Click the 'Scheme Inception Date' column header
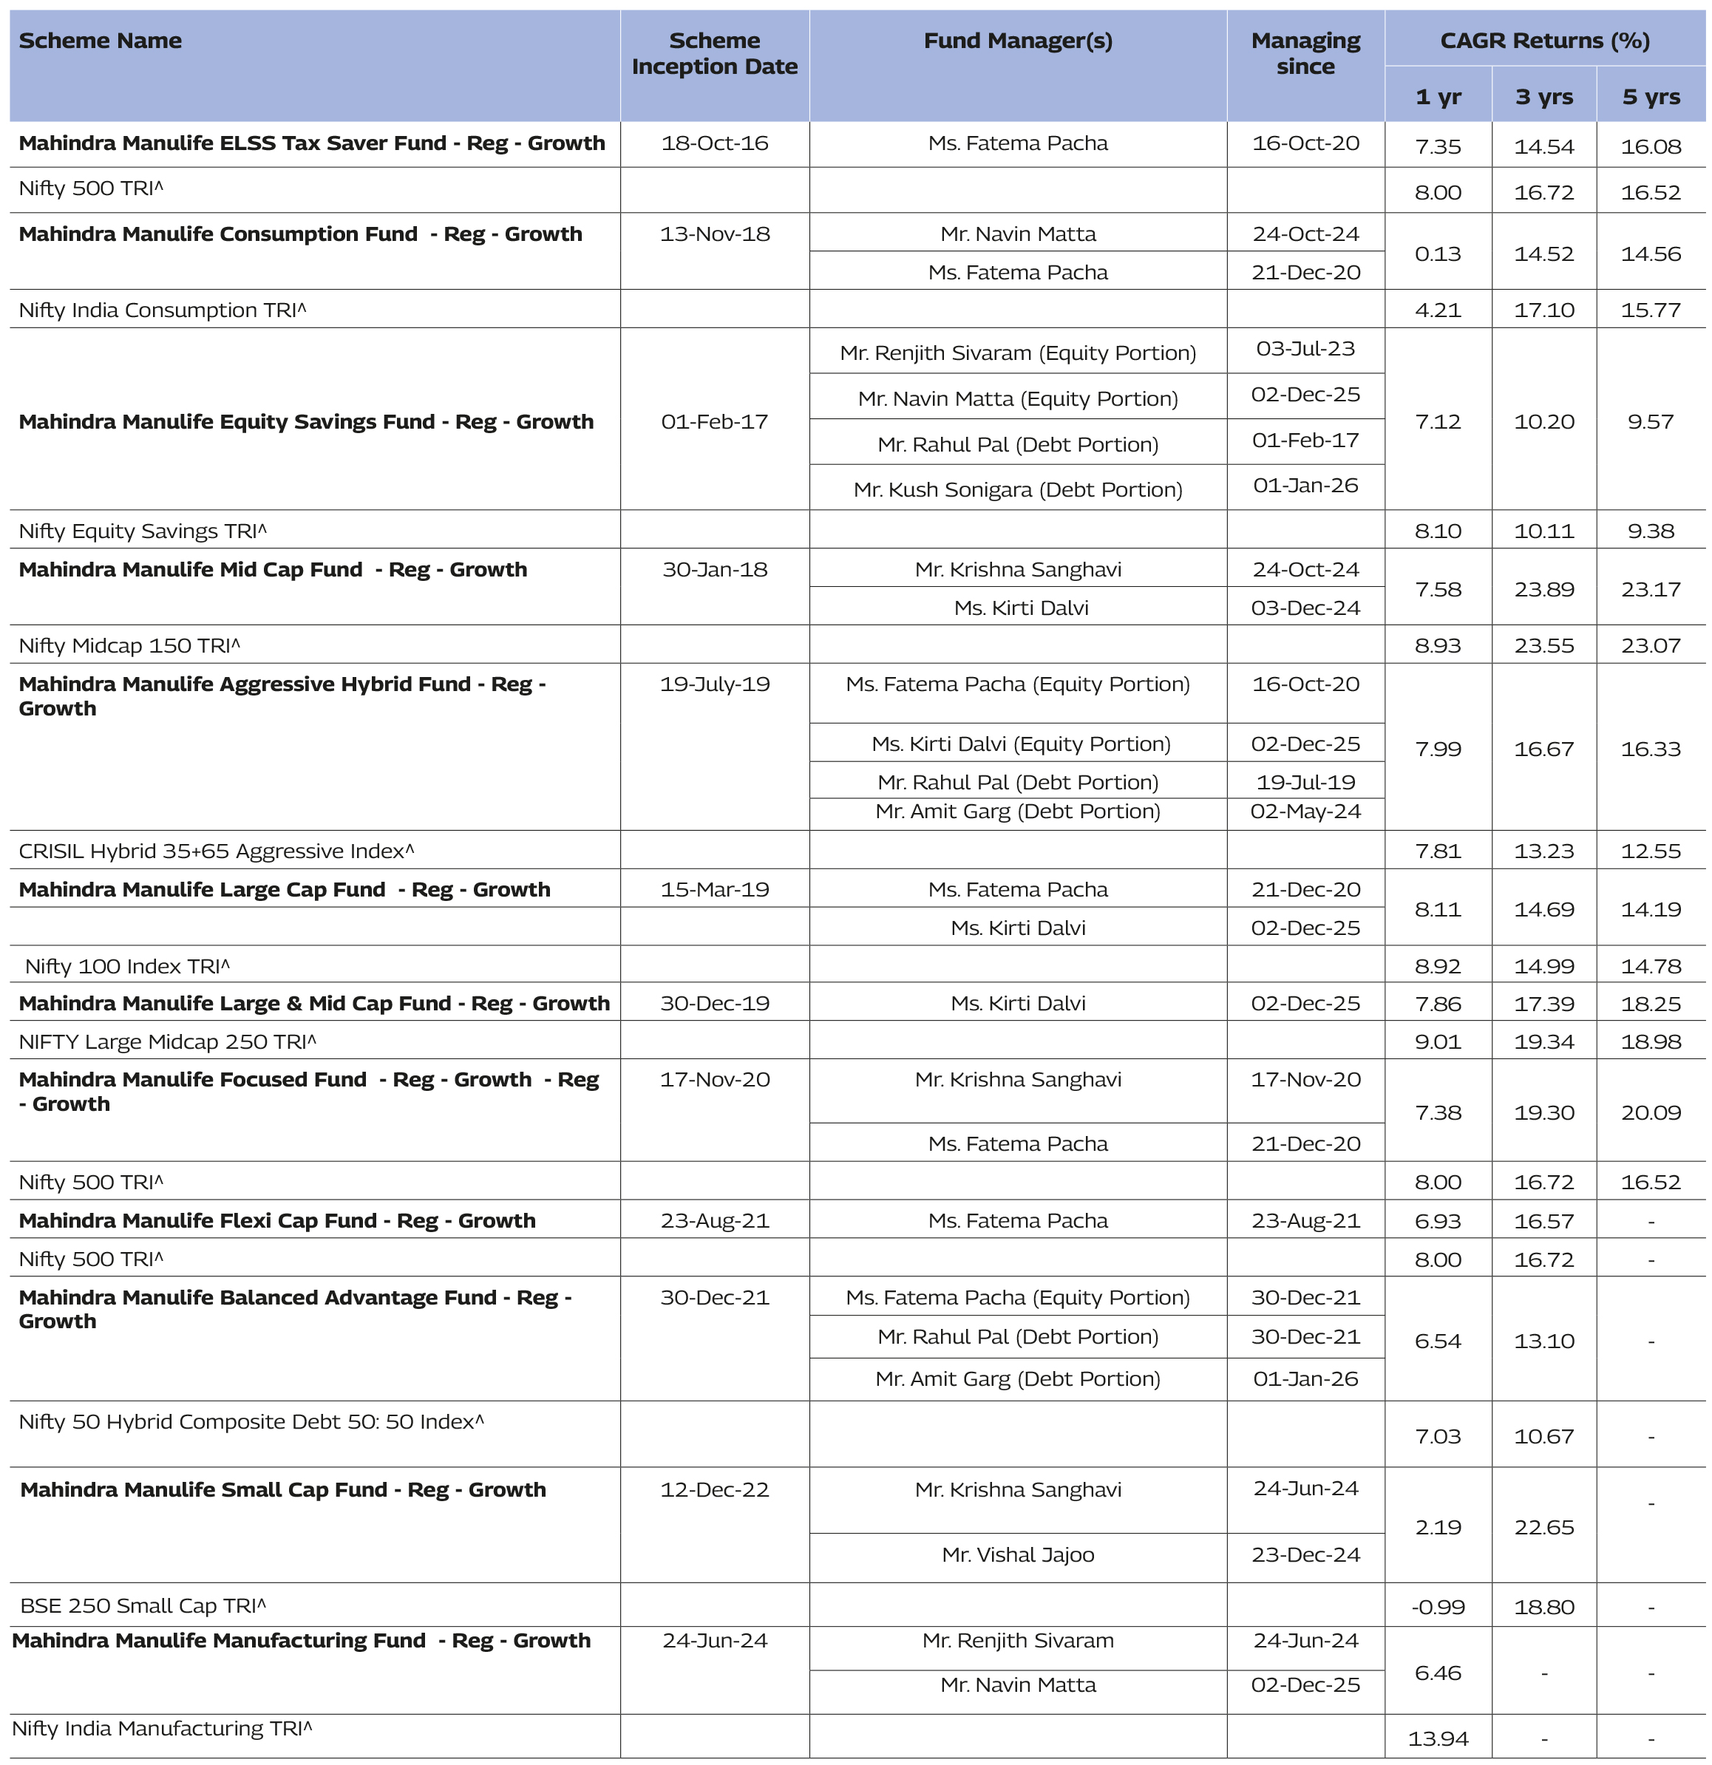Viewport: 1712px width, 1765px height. pyautogui.click(x=714, y=54)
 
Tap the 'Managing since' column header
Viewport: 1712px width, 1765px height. pyautogui.click(x=1305, y=54)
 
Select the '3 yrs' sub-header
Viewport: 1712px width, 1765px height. pyautogui.click(x=1543, y=98)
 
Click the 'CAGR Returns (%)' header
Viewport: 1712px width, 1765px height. pyautogui.click(x=1544, y=41)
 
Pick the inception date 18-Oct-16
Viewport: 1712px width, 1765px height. pyautogui.click(x=714, y=143)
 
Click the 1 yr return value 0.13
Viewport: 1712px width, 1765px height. pyautogui.click(x=1437, y=254)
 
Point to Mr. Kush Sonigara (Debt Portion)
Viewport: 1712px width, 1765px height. pyautogui.click(x=1018, y=490)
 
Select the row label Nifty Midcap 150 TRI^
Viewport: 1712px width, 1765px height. pyautogui.click(x=129, y=646)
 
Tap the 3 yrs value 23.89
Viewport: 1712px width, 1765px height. pyautogui.click(x=1543, y=590)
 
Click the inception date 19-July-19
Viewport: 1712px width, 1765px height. pyautogui.click(x=714, y=684)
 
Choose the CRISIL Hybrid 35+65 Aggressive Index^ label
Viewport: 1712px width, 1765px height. pyautogui.click(x=216, y=851)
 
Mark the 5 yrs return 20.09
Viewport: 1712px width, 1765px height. pyautogui.click(x=1650, y=1113)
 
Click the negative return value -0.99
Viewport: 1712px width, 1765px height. pyautogui.click(x=1437, y=1607)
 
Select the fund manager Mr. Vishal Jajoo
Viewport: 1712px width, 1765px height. pyautogui.click(x=1018, y=1555)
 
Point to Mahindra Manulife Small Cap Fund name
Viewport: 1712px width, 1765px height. pyautogui.click(x=283, y=1490)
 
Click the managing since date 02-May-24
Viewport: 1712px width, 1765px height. pyautogui.click(x=1305, y=812)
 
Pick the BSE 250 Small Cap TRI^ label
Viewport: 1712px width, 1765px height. pyautogui.click(x=143, y=1605)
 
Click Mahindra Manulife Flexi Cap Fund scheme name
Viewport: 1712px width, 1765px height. pyautogui.click(x=276, y=1221)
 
